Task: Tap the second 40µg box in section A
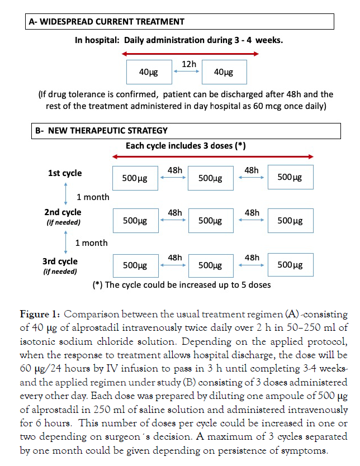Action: click(224, 72)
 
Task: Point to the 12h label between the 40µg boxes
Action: click(189, 64)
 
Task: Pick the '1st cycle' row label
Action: click(65, 173)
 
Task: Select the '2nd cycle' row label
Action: click(63, 212)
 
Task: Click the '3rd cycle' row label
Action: click(61, 261)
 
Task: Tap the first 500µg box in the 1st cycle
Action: click(135, 178)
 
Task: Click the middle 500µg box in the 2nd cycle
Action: click(211, 220)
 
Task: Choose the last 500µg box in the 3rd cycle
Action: click(290, 265)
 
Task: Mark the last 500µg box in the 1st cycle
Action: click(290, 178)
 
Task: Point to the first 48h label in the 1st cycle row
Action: click(174, 169)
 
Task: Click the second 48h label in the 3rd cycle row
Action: click(252, 258)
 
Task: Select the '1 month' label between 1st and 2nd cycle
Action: click(93, 197)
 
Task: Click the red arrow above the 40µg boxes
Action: click(190, 54)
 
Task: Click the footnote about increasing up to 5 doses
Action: click(182, 284)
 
